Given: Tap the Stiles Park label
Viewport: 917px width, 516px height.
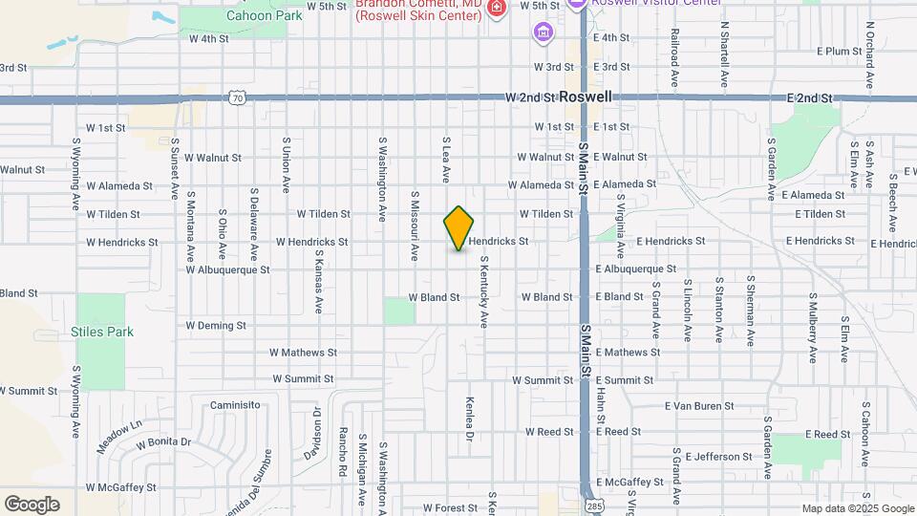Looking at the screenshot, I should click(102, 333).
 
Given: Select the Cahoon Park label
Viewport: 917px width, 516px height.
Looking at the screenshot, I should click(256, 14).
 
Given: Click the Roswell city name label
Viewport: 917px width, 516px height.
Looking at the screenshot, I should click(586, 97).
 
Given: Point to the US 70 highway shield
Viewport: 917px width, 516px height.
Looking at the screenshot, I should click(238, 97).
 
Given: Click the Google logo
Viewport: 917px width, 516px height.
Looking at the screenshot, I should click(32, 505).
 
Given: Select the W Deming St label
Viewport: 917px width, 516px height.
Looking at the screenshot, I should click(216, 326).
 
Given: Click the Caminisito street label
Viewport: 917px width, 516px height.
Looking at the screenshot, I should click(235, 405).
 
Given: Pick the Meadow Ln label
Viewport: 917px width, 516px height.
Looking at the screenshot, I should click(118, 437).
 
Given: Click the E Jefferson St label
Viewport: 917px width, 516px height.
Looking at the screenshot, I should click(718, 457).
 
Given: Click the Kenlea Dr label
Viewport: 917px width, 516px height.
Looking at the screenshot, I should click(469, 419).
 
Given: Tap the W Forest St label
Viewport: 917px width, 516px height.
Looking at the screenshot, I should click(449, 507).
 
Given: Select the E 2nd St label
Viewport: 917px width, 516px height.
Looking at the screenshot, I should click(810, 98).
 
